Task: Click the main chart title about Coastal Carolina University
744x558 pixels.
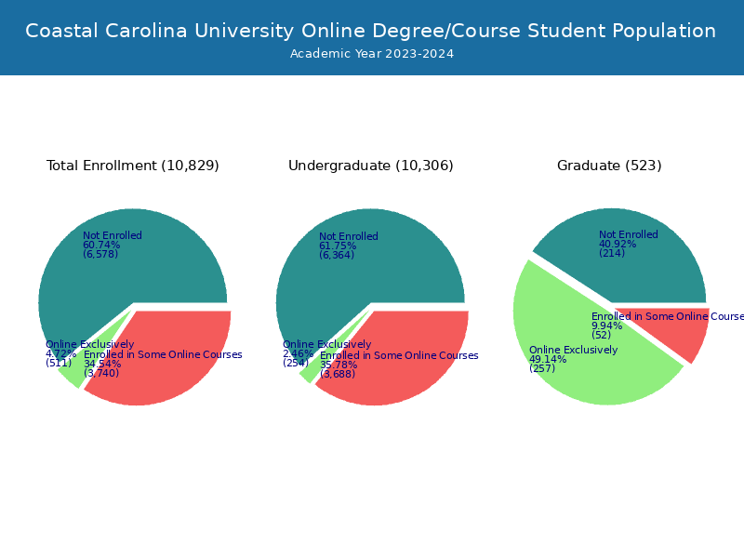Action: click(371, 31)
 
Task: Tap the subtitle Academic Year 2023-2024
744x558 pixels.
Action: click(371, 54)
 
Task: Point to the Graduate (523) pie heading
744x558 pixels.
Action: click(609, 166)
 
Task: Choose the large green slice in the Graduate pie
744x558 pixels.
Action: click(577, 372)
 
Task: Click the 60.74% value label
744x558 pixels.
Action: click(101, 246)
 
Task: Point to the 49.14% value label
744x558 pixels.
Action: click(548, 360)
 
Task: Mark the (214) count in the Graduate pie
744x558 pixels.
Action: click(612, 253)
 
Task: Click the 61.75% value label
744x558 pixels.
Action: click(338, 246)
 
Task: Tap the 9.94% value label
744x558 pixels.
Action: click(607, 325)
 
